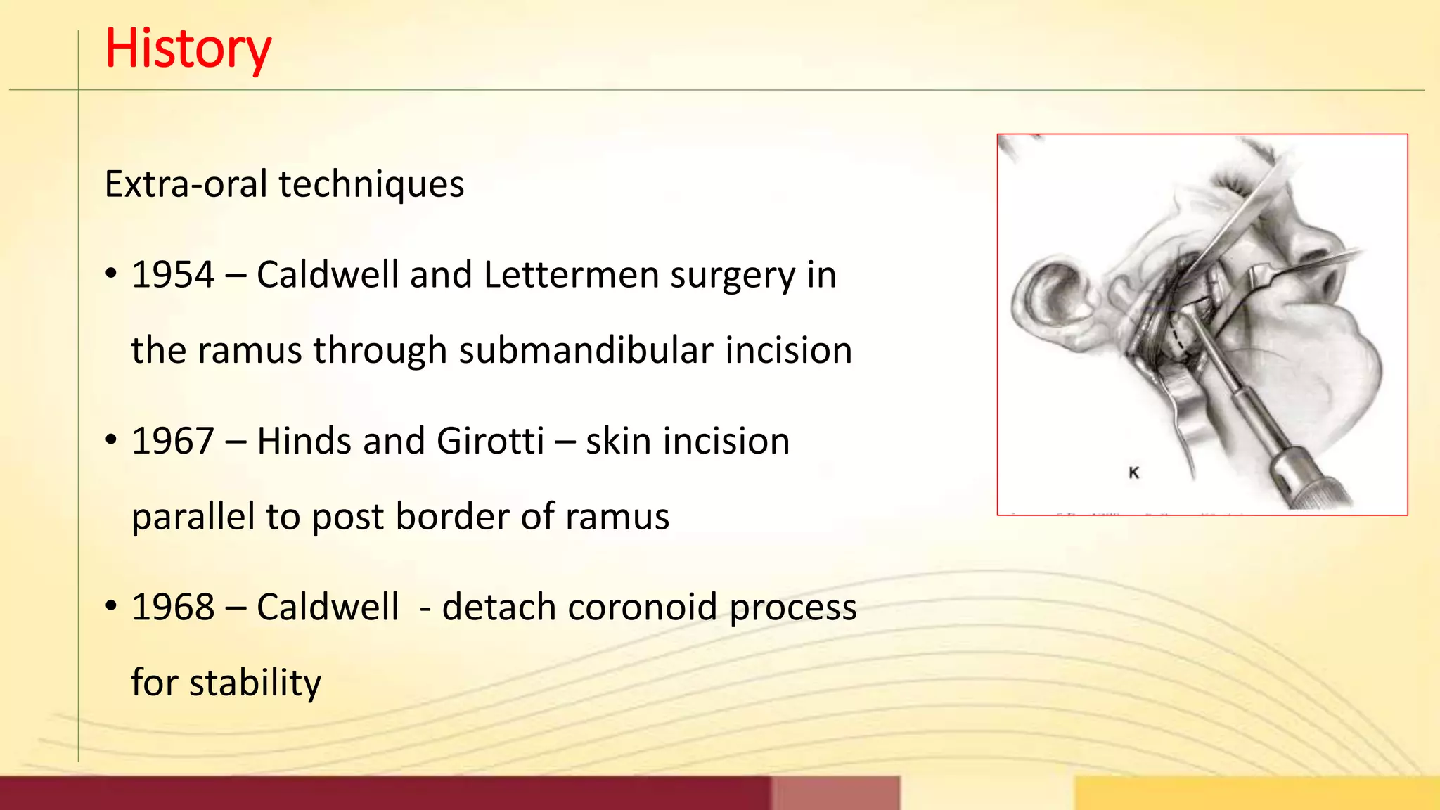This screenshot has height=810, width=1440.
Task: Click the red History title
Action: (188, 49)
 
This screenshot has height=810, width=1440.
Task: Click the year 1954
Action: (173, 274)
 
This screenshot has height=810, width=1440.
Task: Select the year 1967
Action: (173, 441)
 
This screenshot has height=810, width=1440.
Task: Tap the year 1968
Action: (173, 607)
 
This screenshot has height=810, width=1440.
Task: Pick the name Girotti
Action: (490, 441)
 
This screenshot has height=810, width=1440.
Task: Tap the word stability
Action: (255, 683)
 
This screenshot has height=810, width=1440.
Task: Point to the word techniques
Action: (371, 184)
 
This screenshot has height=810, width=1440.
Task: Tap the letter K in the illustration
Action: (1133, 472)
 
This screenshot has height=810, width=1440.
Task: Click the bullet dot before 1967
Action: (111, 440)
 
